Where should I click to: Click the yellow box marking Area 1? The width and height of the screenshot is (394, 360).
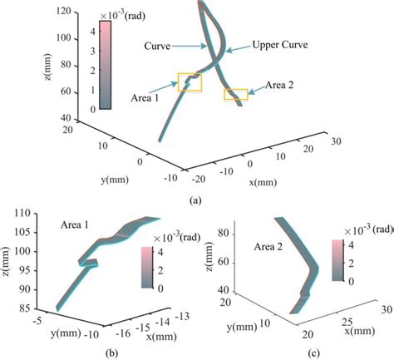pos(190,81)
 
